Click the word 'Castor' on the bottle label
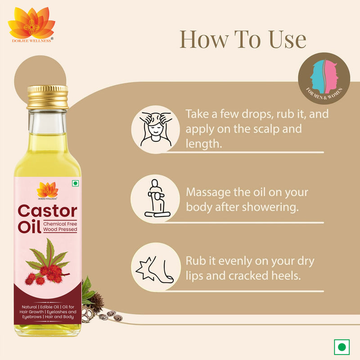(x=47, y=211)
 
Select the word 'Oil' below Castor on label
(x=30, y=226)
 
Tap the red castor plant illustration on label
(x=47, y=265)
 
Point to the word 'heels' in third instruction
(x=285, y=275)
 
